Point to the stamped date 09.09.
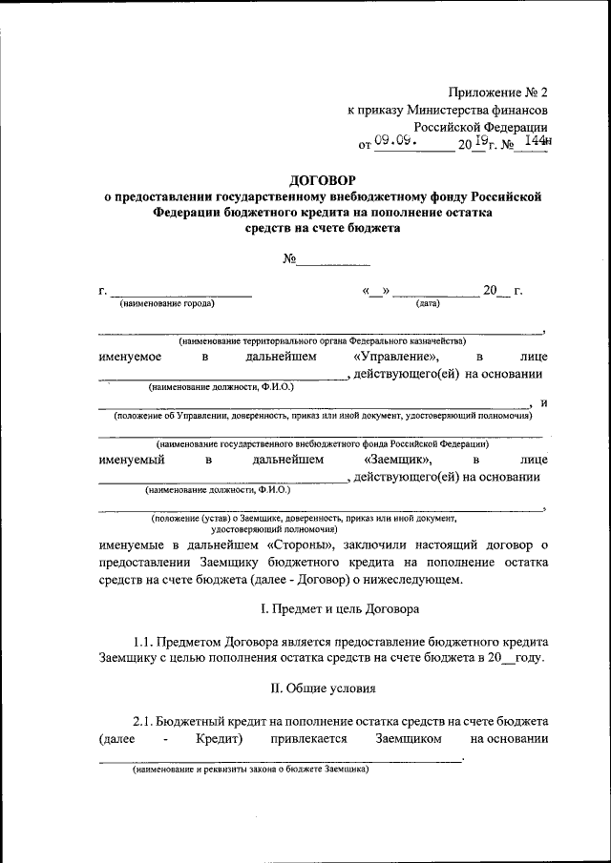393,140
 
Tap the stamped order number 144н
539,141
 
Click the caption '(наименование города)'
167,303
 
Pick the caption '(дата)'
427,303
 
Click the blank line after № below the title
336,258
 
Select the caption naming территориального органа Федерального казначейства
321,340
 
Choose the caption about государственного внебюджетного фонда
322,443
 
